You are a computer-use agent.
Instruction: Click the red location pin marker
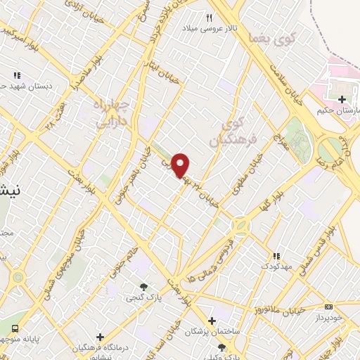[x=181, y=165]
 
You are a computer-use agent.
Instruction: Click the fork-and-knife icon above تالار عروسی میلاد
[x=209, y=18]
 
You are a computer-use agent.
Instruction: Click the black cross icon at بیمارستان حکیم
[x=342, y=99]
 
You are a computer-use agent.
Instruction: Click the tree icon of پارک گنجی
[x=143, y=287]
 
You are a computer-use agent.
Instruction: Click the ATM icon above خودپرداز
[x=329, y=307]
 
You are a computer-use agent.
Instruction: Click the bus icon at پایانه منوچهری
[x=15, y=329]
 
